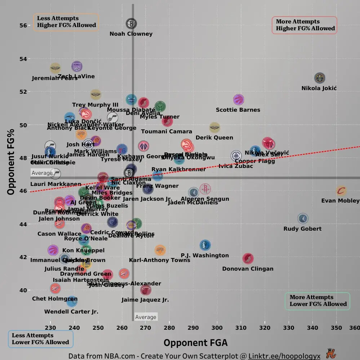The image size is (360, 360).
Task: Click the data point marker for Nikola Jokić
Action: (x=320, y=78)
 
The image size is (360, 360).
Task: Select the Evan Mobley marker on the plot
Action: (x=341, y=191)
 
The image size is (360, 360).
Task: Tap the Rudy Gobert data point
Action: (x=303, y=218)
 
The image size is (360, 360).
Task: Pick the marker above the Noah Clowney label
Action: (x=132, y=24)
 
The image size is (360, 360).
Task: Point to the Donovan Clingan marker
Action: (x=248, y=258)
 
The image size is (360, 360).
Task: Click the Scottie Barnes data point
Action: (x=239, y=100)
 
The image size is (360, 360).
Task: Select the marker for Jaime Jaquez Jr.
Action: (x=146, y=289)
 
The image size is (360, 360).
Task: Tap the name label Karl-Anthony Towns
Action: (x=159, y=260)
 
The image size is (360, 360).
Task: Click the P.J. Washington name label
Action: (x=205, y=255)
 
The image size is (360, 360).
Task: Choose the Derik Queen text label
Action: (x=214, y=138)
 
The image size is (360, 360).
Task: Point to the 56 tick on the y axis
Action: (x=23, y=25)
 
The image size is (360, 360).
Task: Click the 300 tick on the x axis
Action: (x=217, y=328)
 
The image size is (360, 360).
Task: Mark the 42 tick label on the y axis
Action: (x=23, y=257)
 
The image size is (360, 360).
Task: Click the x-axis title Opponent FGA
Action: (x=195, y=342)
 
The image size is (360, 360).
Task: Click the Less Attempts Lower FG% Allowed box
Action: (x=40, y=339)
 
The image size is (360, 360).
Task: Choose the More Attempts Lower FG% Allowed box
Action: (x=317, y=301)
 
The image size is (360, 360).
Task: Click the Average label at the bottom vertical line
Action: (x=146, y=317)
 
